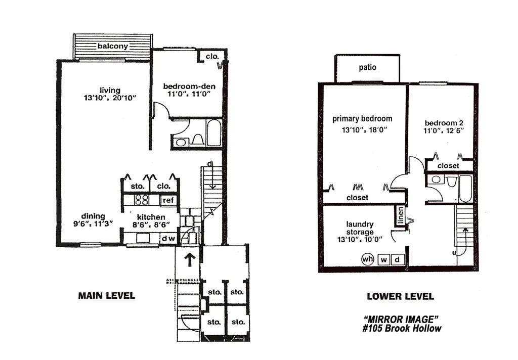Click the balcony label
(113, 47)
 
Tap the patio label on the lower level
(368, 67)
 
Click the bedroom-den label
(186, 86)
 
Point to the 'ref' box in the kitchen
(168, 201)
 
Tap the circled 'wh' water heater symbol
(367, 259)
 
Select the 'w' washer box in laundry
(384, 260)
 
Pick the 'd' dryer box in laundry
(398, 260)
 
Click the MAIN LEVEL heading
(106, 296)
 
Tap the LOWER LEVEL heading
(400, 296)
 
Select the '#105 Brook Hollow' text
(401, 329)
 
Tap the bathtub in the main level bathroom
(214, 133)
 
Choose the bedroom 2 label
(444, 123)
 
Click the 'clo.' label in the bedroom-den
(211, 57)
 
